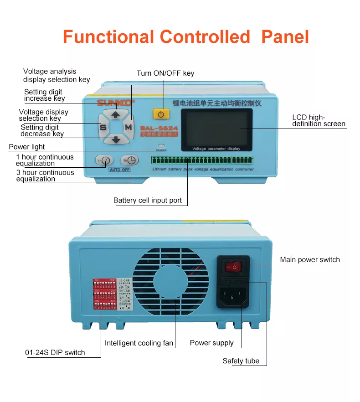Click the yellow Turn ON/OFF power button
point(160,113)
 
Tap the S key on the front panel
point(103,127)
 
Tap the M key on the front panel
point(129,127)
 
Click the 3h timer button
point(129,160)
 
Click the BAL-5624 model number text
point(159,128)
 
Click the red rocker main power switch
point(233,265)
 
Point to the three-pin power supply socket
point(233,295)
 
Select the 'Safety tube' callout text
point(241,361)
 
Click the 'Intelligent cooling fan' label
point(139,343)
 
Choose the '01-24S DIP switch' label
point(55,352)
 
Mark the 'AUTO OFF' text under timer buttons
point(119,170)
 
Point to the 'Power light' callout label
point(27,147)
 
